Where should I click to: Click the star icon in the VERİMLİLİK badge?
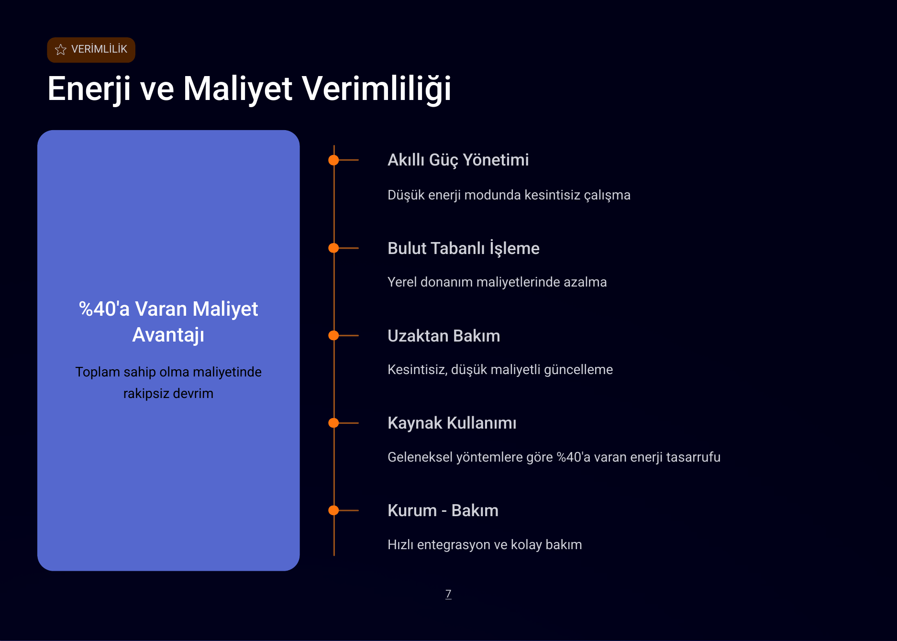[61, 50]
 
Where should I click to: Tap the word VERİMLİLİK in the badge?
[99, 49]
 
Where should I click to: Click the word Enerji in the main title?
[89, 89]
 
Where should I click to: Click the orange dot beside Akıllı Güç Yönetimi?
[333, 160]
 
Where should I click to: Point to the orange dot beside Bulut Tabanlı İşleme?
[333, 248]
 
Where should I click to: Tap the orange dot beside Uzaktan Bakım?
[333, 335]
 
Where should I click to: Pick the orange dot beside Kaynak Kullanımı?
[333, 423]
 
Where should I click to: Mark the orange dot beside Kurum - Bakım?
[333, 510]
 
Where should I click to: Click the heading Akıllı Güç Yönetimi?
[458, 160]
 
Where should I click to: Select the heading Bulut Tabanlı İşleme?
[463, 248]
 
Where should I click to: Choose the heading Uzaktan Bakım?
[443, 336]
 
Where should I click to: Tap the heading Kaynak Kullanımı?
[452, 423]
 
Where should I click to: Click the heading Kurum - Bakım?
[443, 510]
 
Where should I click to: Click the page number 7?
[448, 594]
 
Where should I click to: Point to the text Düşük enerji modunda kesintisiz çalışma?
[509, 195]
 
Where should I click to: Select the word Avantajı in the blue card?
[168, 335]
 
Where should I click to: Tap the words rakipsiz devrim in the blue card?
[168, 394]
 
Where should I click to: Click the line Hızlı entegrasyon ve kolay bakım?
[484, 545]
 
